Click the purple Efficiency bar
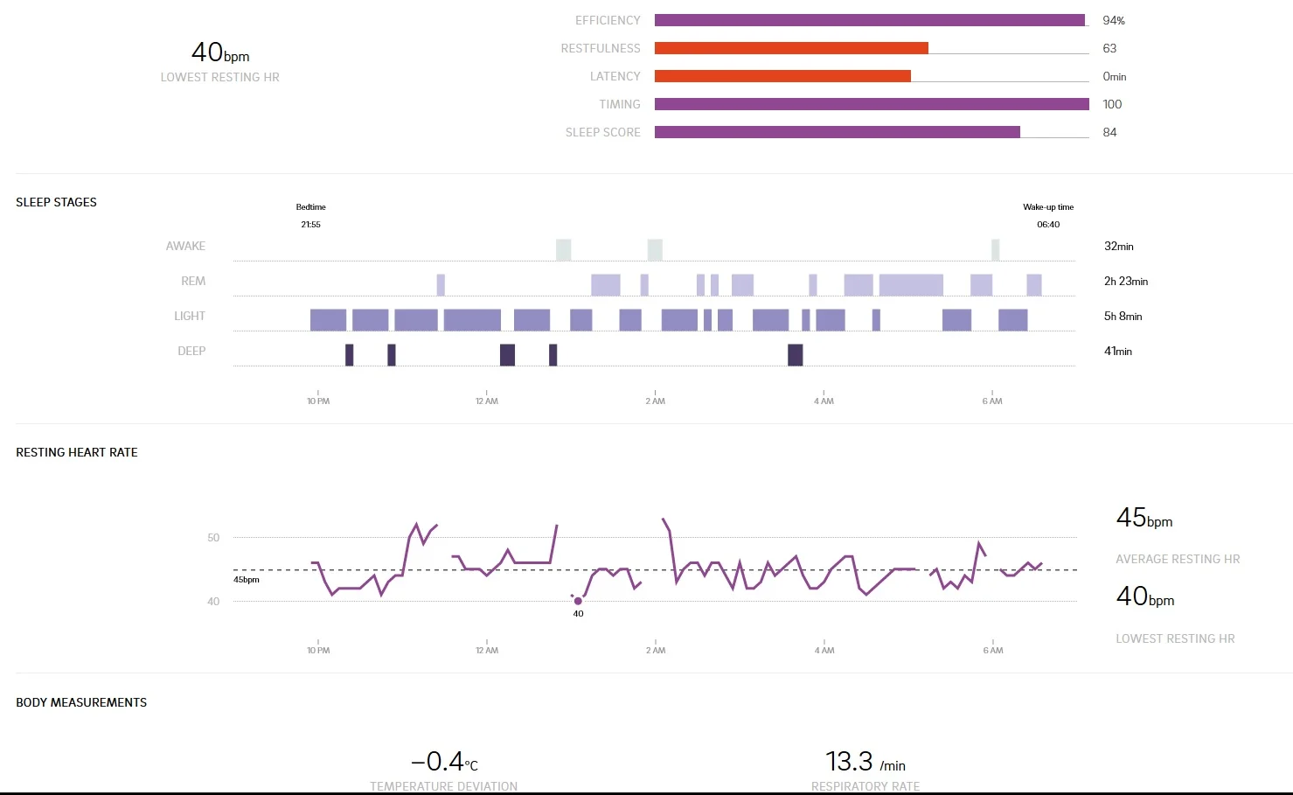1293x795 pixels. pyautogui.click(x=869, y=20)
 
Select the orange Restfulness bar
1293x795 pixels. pyautogui.click(x=791, y=48)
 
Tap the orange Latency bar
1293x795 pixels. pyautogui.click(x=782, y=76)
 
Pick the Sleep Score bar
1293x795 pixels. pyautogui.click(x=837, y=132)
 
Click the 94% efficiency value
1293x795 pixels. pyautogui.click(x=1113, y=20)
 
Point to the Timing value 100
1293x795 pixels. pyautogui.click(x=1112, y=104)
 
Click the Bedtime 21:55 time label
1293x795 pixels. pyautogui.click(x=310, y=225)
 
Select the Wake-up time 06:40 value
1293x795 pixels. pyautogui.click(x=1048, y=225)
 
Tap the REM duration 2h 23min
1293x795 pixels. pyautogui.click(x=1125, y=282)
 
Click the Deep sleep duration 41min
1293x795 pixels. pyautogui.click(x=1117, y=352)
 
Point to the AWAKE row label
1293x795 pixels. pyautogui.click(x=185, y=247)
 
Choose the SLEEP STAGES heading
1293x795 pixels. pyautogui.click(x=56, y=202)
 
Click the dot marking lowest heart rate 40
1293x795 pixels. pyautogui.click(x=578, y=601)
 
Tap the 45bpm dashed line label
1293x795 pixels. pyautogui.click(x=247, y=580)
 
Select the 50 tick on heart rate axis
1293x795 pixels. pyautogui.click(x=213, y=538)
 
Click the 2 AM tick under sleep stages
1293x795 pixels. pyautogui.click(x=655, y=401)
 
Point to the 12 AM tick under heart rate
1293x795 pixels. pyautogui.click(x=487, y=650)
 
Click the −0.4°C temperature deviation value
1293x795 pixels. pyautogui.click(x=444, y=762)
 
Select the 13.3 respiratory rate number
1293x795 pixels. pyautogui.click(x=849, y=762)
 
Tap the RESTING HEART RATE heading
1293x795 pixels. pyautogui.click(x=77, y=452)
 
